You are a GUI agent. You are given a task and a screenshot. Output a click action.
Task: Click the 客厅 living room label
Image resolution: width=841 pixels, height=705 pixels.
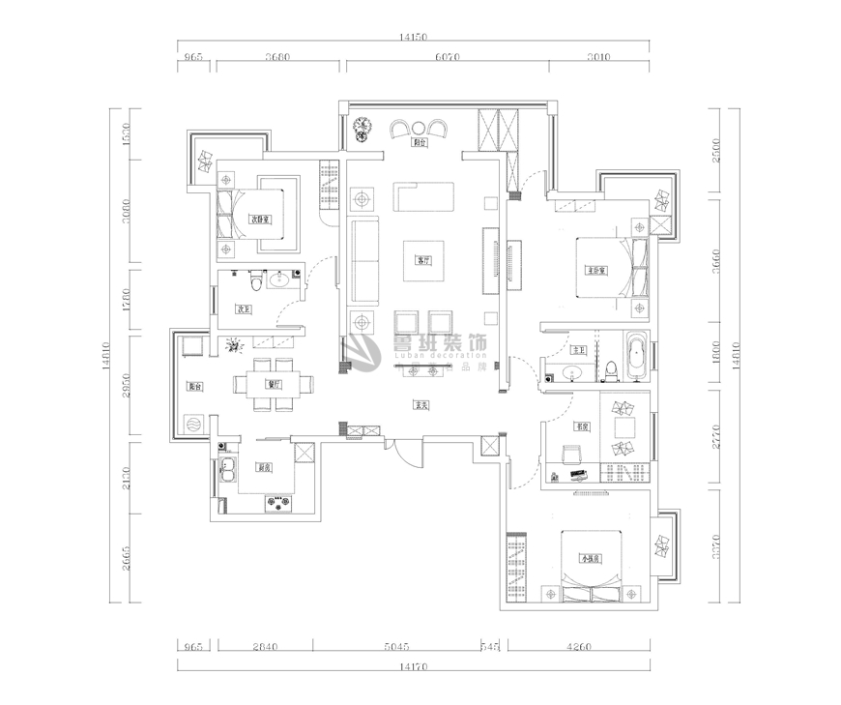(422, 260)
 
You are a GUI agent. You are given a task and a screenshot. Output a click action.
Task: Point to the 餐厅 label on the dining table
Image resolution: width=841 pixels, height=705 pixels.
(274, 384)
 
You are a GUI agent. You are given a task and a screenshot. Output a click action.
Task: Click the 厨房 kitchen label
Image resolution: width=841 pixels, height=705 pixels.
(263, 466)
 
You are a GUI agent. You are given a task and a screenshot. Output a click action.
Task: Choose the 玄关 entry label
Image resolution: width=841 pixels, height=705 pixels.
(420, 405)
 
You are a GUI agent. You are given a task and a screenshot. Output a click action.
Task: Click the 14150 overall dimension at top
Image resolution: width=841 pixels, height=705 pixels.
(414, 38)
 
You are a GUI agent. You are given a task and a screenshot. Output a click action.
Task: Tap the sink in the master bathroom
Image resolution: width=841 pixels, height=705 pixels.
(568, 370)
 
